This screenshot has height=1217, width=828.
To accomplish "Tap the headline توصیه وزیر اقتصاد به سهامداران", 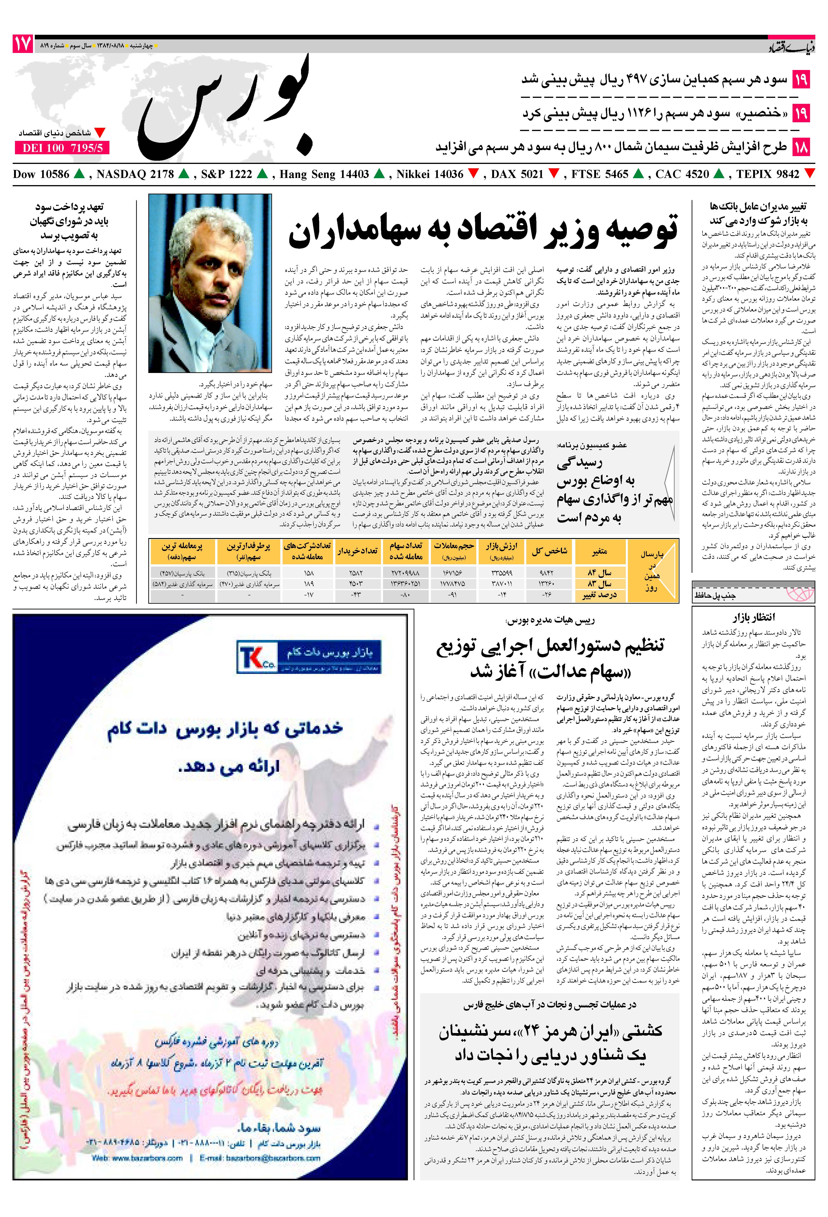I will [483, 230].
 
